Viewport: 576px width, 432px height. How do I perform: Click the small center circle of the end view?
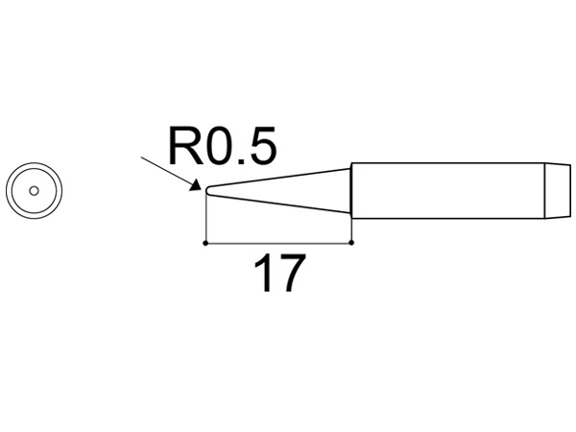pos(34,189)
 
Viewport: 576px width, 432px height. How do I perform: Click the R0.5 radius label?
pos(222,149)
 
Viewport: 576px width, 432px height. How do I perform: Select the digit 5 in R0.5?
pos(262,149)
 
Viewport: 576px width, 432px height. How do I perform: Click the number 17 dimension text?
pos(279,275)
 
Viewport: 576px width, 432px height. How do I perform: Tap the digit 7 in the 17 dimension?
pos(291,275)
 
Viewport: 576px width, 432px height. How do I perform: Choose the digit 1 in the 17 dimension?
pos(264,275)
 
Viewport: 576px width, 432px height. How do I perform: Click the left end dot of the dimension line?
pos(206,242)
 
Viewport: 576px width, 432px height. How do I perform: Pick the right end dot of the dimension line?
pos(352,242)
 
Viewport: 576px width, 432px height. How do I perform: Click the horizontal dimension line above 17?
pos(278,242)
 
